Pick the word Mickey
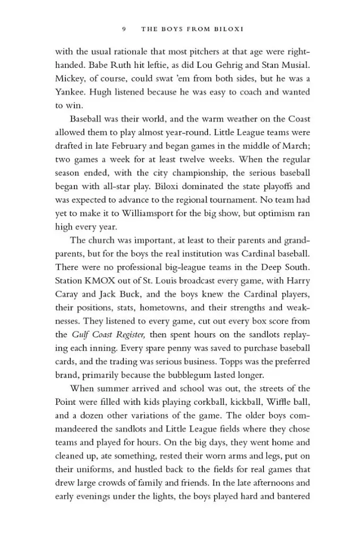tap(70, 79)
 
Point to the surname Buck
tap(126, 293)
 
